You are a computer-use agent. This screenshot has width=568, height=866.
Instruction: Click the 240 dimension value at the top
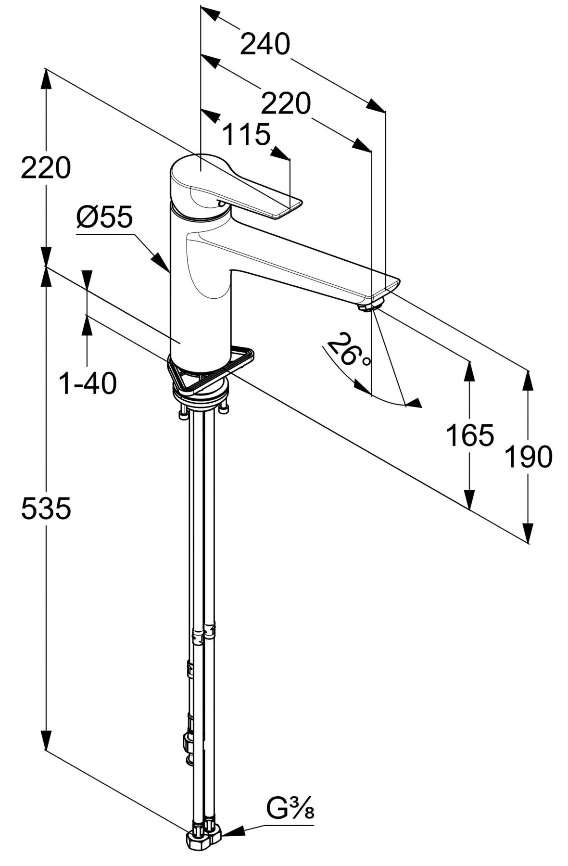point(265,45)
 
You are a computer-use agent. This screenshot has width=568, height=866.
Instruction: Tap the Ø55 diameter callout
point(104,217)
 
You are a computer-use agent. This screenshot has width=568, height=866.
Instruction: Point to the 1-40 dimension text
point(87,383)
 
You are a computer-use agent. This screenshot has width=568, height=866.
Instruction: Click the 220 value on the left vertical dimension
point(46,168)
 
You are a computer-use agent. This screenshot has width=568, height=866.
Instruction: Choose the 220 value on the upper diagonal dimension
point(286,103)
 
